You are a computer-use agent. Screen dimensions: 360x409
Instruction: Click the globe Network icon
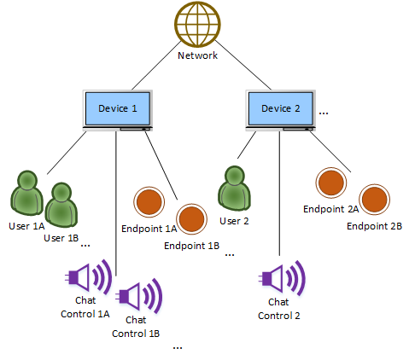(197, 25)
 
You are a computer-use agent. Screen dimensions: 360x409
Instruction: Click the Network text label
(198, 55)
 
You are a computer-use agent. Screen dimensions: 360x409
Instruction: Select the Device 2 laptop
(279, 109)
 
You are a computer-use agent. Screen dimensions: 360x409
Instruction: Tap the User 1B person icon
(61, 205)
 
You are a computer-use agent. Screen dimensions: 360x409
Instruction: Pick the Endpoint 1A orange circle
(149, 203)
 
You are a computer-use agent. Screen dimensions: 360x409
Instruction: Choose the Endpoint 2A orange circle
(330, 183)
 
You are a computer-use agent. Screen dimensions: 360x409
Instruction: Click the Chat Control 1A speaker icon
(88, 276)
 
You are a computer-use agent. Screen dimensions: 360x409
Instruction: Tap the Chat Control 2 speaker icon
(282, 276)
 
